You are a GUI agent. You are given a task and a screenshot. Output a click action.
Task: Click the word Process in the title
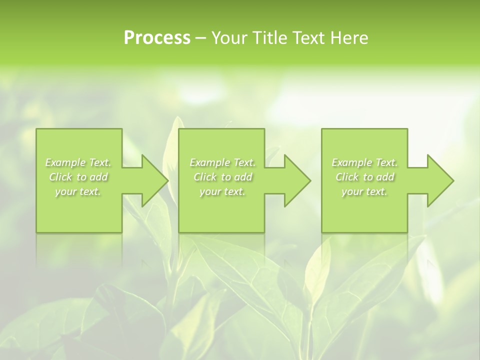click(x=157, y=38)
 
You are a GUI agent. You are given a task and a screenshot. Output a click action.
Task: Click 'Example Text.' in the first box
click(x=78, y=162)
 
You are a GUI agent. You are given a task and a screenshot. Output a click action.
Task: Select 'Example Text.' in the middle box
click(x=222, y=162)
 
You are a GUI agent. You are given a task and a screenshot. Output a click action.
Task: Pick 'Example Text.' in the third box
click(x=364, y=162)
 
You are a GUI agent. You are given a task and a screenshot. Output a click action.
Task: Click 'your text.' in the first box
click(x=78, y=191)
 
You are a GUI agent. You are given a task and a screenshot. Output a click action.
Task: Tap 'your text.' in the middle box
click(x=222, y=191)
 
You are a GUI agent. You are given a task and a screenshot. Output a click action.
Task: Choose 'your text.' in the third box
click(x=364, y=191)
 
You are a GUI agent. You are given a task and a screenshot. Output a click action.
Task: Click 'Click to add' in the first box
click(x=78, y=177)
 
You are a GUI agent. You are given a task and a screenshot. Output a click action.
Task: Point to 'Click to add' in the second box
click(x=222, y=177)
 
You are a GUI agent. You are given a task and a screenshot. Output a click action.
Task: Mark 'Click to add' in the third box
click(x=364, y=177)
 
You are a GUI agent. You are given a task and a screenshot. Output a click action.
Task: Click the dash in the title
click(x=201, y=38)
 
